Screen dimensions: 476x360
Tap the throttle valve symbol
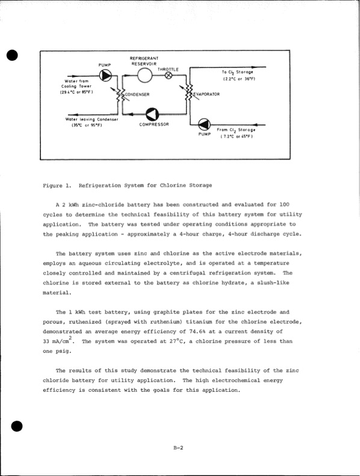coord(169,76)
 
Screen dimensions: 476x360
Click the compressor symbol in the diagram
coord(152,114)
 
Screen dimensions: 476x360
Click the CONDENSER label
coord(137,95)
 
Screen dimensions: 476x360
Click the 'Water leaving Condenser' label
coord(92,119)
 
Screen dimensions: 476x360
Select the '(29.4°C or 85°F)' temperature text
coord(75,92)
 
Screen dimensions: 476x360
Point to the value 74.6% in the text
coord(207,332)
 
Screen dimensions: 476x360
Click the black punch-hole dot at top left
coord(10,55)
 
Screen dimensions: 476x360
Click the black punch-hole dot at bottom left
coord(17,426)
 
